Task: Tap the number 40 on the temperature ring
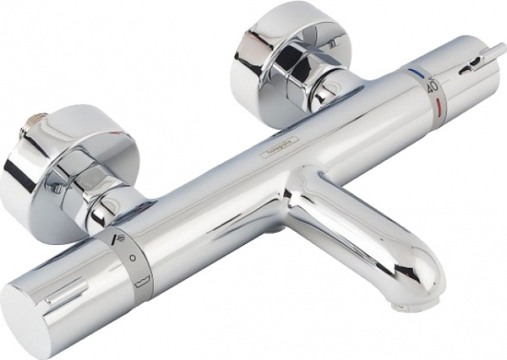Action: (x=432, y=85)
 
